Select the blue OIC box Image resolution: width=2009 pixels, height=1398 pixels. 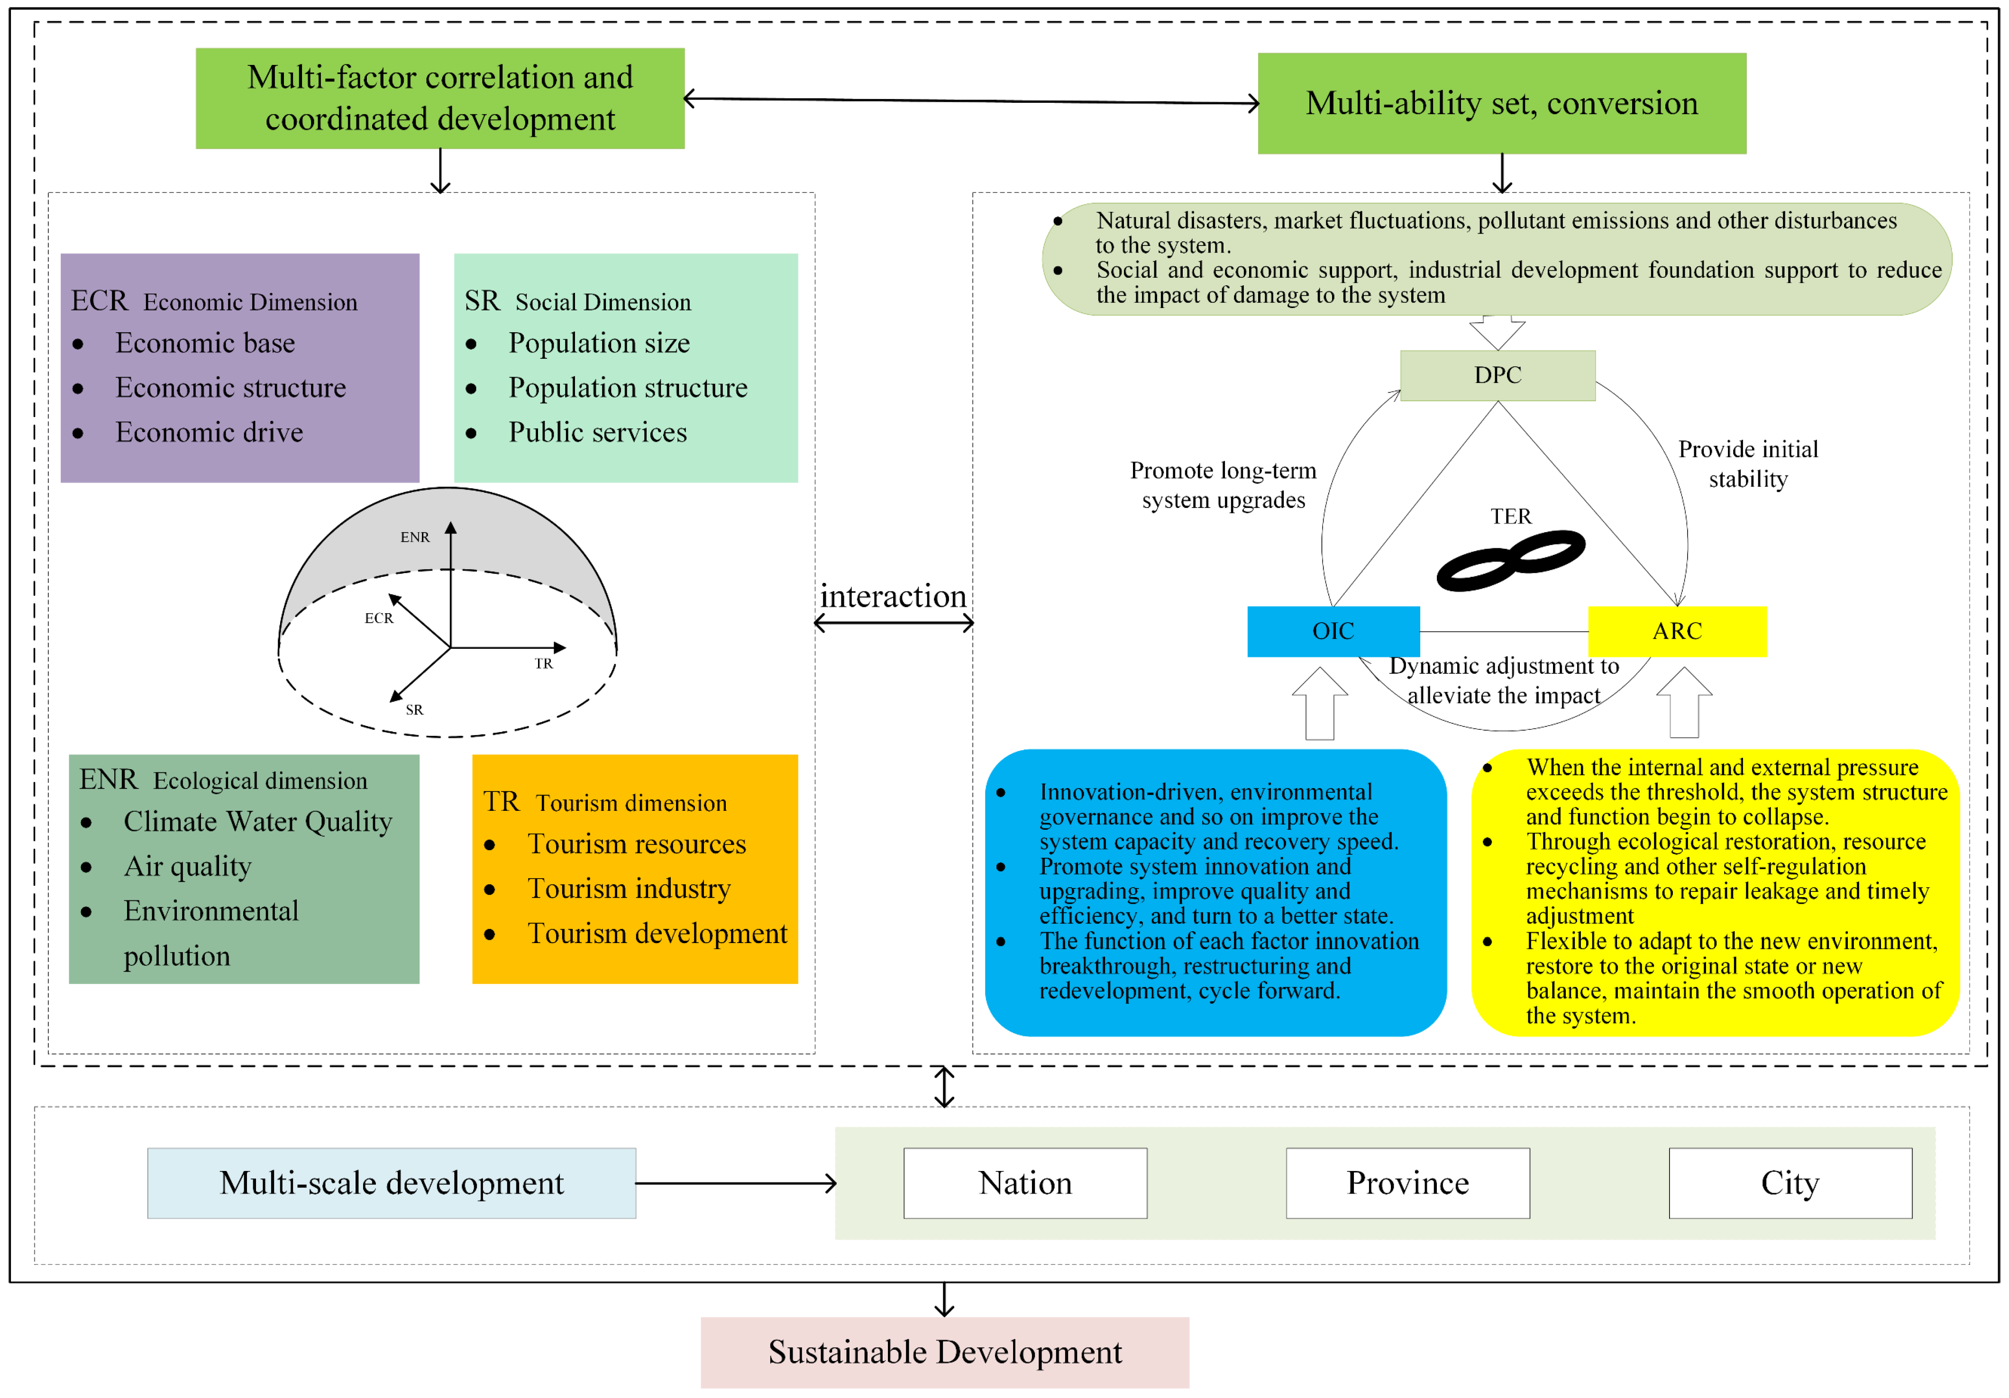[1333, 631]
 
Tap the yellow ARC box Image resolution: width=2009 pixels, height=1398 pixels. [1677, 631]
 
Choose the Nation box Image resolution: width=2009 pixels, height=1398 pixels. [1024, 1183]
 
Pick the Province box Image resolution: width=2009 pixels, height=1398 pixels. [1407, 1183]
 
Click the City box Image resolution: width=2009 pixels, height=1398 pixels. [1790, 1183]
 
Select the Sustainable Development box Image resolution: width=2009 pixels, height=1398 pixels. [944, 1352]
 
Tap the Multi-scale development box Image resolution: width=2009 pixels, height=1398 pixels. [391, 1183]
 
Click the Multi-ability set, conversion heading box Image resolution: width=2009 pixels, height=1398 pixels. [1501, 103]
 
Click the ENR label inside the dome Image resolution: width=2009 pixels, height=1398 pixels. [415, 537]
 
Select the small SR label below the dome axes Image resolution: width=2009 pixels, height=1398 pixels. [414, 709]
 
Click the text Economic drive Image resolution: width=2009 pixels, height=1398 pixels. [209, 432]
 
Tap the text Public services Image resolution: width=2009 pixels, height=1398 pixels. [598, 432]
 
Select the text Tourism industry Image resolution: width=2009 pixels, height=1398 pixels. [628, 889]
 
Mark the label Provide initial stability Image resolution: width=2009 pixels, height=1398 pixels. [1747, 463]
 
